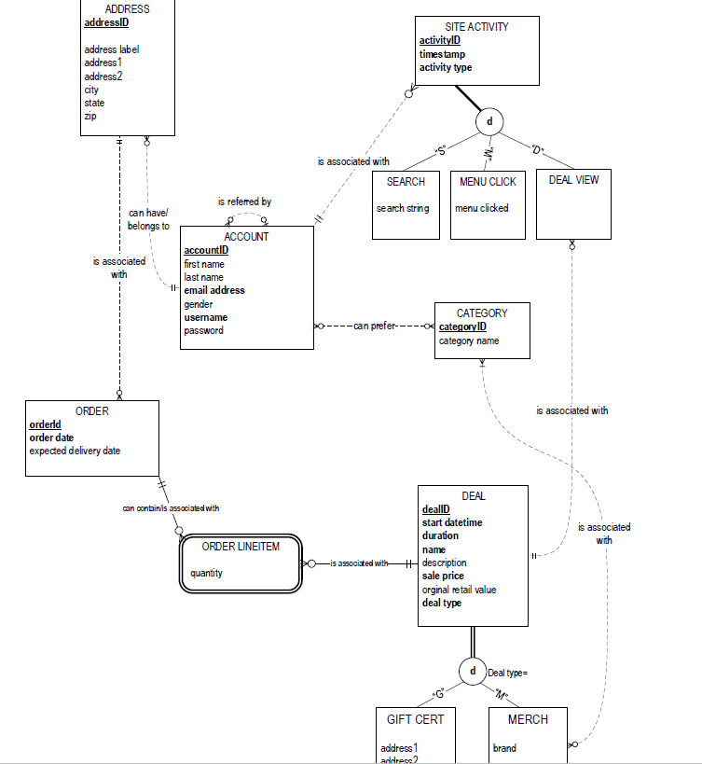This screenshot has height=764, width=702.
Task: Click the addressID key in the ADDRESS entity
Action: (106, 23)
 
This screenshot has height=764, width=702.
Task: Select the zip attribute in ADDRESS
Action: (90, 117)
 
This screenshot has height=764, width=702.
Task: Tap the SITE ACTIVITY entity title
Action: (476, 27)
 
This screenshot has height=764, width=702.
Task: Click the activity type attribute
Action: (446, 67)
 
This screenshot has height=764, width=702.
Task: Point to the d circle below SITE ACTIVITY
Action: (489, 121)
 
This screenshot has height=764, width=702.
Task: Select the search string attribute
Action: (403, 208)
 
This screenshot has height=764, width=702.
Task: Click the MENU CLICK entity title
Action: (488, 182)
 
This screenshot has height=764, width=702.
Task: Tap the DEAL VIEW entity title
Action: (573, 180)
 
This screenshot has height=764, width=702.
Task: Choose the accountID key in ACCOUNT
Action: (206, 250)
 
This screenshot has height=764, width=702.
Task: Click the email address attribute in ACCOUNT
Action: (214, 290)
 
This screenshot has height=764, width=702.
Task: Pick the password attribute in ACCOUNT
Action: (203, 330)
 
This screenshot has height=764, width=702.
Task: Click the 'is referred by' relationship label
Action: (244, 201)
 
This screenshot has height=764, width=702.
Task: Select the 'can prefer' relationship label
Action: (374, 326)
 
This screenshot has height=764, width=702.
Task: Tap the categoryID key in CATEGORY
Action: (462, 327)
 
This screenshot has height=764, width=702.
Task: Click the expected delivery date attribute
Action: (75, 451)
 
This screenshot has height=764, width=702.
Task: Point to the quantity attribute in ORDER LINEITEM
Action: (206, 573)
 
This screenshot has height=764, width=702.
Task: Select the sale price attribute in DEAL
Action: (447, 576)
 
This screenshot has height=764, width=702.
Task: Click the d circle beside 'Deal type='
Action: (473, 671)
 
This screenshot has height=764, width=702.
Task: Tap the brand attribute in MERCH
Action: (504, 748)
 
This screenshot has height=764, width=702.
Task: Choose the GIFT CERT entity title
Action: (415, 719)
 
